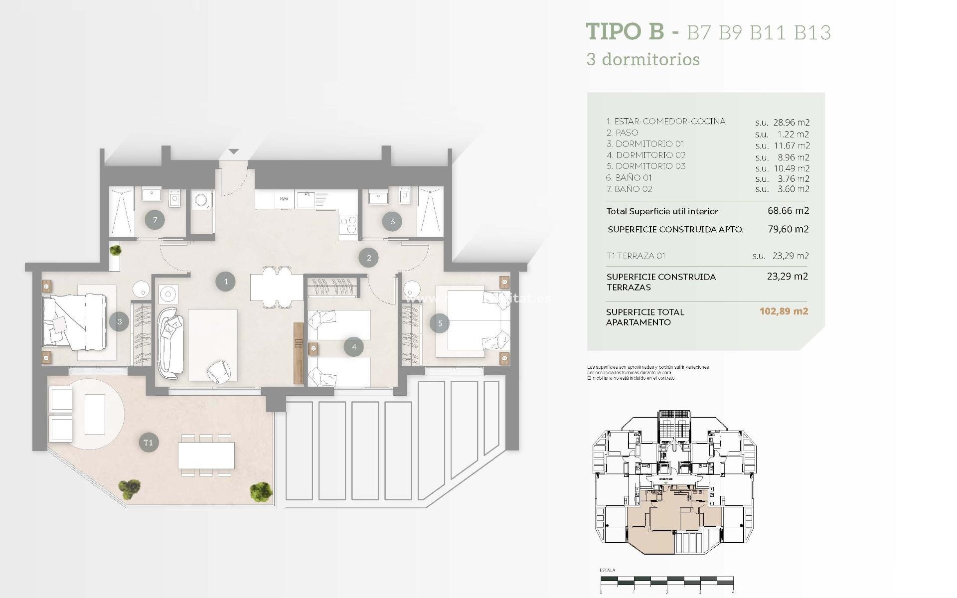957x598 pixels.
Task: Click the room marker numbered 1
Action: pyautogui.click(x=225, y=282)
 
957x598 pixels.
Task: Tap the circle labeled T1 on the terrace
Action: pyautogui.click(x=148, y=443)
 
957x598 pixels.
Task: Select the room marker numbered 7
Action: pyautogui.click(x=155, y=220)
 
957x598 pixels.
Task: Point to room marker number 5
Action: pyautogui.click(x=440, y=323)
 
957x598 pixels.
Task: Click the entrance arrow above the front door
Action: pyautogui.click(x=234, y=151)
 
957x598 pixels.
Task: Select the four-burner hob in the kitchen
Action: pyautogui.click(x=348, y=224)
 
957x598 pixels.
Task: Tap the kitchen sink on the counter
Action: pyautogui.click(x=306, y=199)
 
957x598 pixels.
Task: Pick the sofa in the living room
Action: pyautogui.click(x=170, y=343)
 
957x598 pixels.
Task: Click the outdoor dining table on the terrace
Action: pyautogui.click(x=206, y=455)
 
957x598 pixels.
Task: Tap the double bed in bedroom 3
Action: pyautogui.click(x=75, y=321)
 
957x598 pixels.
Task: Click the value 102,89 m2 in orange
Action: pyautogui.click(x=784, y=311)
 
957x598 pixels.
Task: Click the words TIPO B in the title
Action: pyautogui.click(x=625, y=31)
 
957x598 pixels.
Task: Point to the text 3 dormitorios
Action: pyautogui.click(x=643, y=59)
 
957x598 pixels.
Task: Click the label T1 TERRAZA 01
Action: pyautogui.click(x=636, y=256)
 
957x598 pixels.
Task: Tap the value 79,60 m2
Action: pyautogui.click(x=788, y=229)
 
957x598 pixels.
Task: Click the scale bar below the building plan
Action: pyautogui.click(x=666, y=581)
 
